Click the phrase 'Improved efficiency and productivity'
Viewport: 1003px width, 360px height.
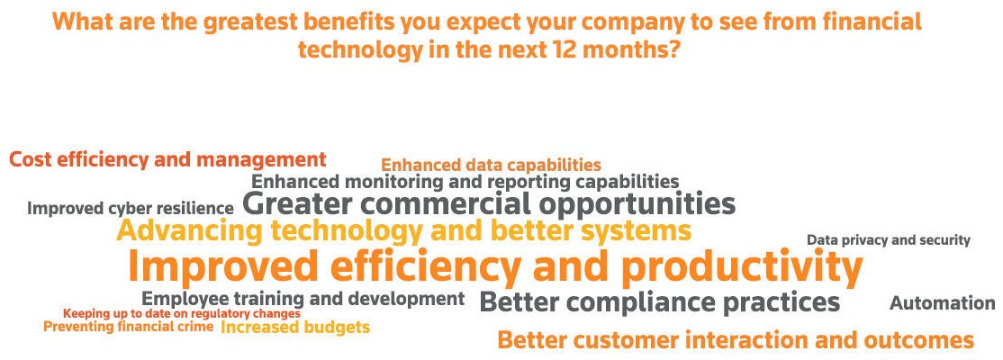pyautogui.click(x=495, y=267)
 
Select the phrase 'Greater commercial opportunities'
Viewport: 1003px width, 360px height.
pyautogui.click(x=489, y=204)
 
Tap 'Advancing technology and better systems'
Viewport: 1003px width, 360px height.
pyautogui.click(x=403, y=230)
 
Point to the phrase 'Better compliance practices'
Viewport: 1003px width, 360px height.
pyautogui.click(x=659, y=301)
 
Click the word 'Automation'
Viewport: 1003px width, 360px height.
pyautogui.click(x=943, y=302)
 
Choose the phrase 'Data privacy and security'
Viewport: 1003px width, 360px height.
pyautogui.click(x=889, y=240)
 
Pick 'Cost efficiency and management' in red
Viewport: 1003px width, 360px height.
pyautogui.click(x=167, y=159)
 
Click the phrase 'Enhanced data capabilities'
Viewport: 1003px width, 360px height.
pyautogui.click(x=492, y=165)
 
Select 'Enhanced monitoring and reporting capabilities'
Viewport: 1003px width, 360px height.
pyautogui.click(x=465, y=182)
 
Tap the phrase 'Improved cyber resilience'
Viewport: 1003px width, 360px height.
pyautogui.click(x=131, y=209)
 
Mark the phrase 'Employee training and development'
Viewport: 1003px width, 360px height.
pyautogui.click(x=303, y=299)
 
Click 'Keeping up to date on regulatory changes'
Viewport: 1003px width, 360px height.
pyautogui.click(x=182, y=314)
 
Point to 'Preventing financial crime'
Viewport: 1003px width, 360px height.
pyautogui.click(x=129, y=327)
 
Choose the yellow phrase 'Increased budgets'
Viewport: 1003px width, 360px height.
pyautogui.click(x=295, y=328)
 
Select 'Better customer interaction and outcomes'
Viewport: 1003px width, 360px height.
pyautogui.click(x=736, y=339)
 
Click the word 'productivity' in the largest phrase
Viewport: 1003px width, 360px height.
pyautogui.click(x=742, y=267)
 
